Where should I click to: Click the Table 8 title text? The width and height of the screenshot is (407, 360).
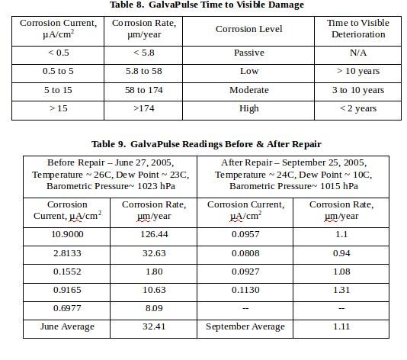(x=207, y=5)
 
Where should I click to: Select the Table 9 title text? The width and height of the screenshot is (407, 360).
(x=207, y=144)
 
